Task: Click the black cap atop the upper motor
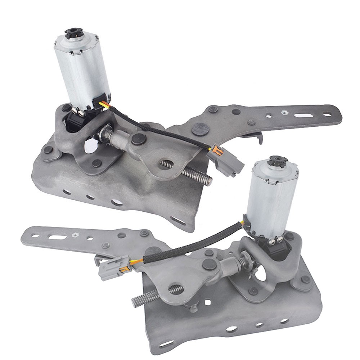[73, 35]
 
